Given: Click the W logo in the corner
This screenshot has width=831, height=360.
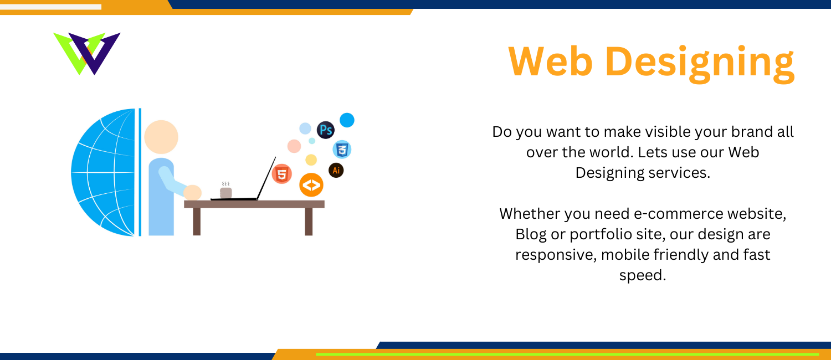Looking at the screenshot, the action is [x=87, y=53].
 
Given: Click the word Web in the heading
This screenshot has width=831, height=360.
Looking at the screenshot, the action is [x=551, y=61].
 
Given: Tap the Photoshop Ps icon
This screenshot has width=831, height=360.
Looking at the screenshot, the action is [x=326, y=130].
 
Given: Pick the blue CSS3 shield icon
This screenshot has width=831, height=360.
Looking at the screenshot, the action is [x=342, y=150].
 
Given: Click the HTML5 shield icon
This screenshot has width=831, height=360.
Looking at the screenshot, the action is [x=282, y=174].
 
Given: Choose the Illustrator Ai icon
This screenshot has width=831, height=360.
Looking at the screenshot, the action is [x=336, y=171].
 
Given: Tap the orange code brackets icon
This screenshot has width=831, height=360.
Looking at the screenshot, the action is [x=311, y=184].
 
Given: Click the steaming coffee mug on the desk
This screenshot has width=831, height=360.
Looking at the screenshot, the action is [x=225, y=191].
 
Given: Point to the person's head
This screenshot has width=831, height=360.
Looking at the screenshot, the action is [x=161, y=137].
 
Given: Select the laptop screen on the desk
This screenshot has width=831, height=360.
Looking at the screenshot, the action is [x=266, y=178].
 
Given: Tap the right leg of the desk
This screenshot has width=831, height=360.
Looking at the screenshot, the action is [x=309, y=222].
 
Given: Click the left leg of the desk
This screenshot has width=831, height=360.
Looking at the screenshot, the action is [x=197, y=222].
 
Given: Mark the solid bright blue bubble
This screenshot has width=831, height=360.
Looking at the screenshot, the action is [x=347, y=120].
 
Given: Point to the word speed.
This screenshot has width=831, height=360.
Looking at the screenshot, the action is [x=643, y=276].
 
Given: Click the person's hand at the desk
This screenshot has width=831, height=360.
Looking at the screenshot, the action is [x=193, y=192].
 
